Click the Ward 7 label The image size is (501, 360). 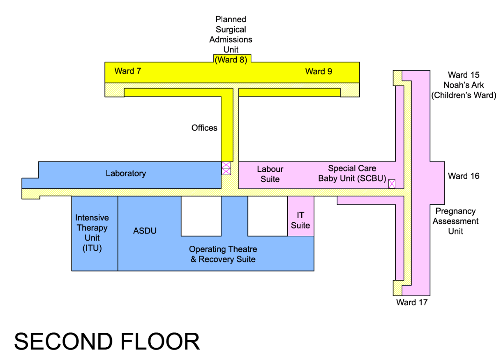[127, 71]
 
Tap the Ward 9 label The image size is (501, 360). [319, 72]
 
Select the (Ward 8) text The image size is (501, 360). [231, 60]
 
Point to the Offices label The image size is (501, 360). [204, 128]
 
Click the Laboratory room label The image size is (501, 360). [126, 173]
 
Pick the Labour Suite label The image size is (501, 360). [270, 174]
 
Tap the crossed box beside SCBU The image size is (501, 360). [392, 184]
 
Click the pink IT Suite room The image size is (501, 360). [300, 220]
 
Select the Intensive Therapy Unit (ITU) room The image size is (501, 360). [95, 233]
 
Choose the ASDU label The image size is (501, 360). [145, 231]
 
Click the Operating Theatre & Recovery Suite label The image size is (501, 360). [223, 254]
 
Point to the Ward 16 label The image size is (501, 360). [464, 176]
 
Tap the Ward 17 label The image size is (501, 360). [412, 302]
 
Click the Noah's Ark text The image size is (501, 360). [464, 85]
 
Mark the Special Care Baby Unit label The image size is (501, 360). [352, 174]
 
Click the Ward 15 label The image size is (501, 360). [464, 75]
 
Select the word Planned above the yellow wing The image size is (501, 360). [231, 19]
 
